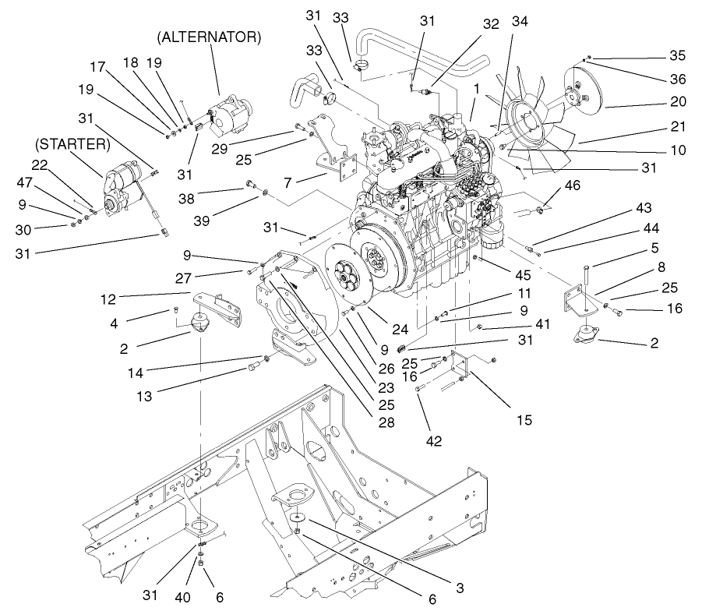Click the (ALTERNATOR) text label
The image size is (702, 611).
(x=209, y=37)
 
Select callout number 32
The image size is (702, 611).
(x=490, y=24)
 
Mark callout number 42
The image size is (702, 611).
(x=434, y=441)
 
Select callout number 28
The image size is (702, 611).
(x=386, y=422)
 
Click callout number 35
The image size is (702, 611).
(x=678, y=55)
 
